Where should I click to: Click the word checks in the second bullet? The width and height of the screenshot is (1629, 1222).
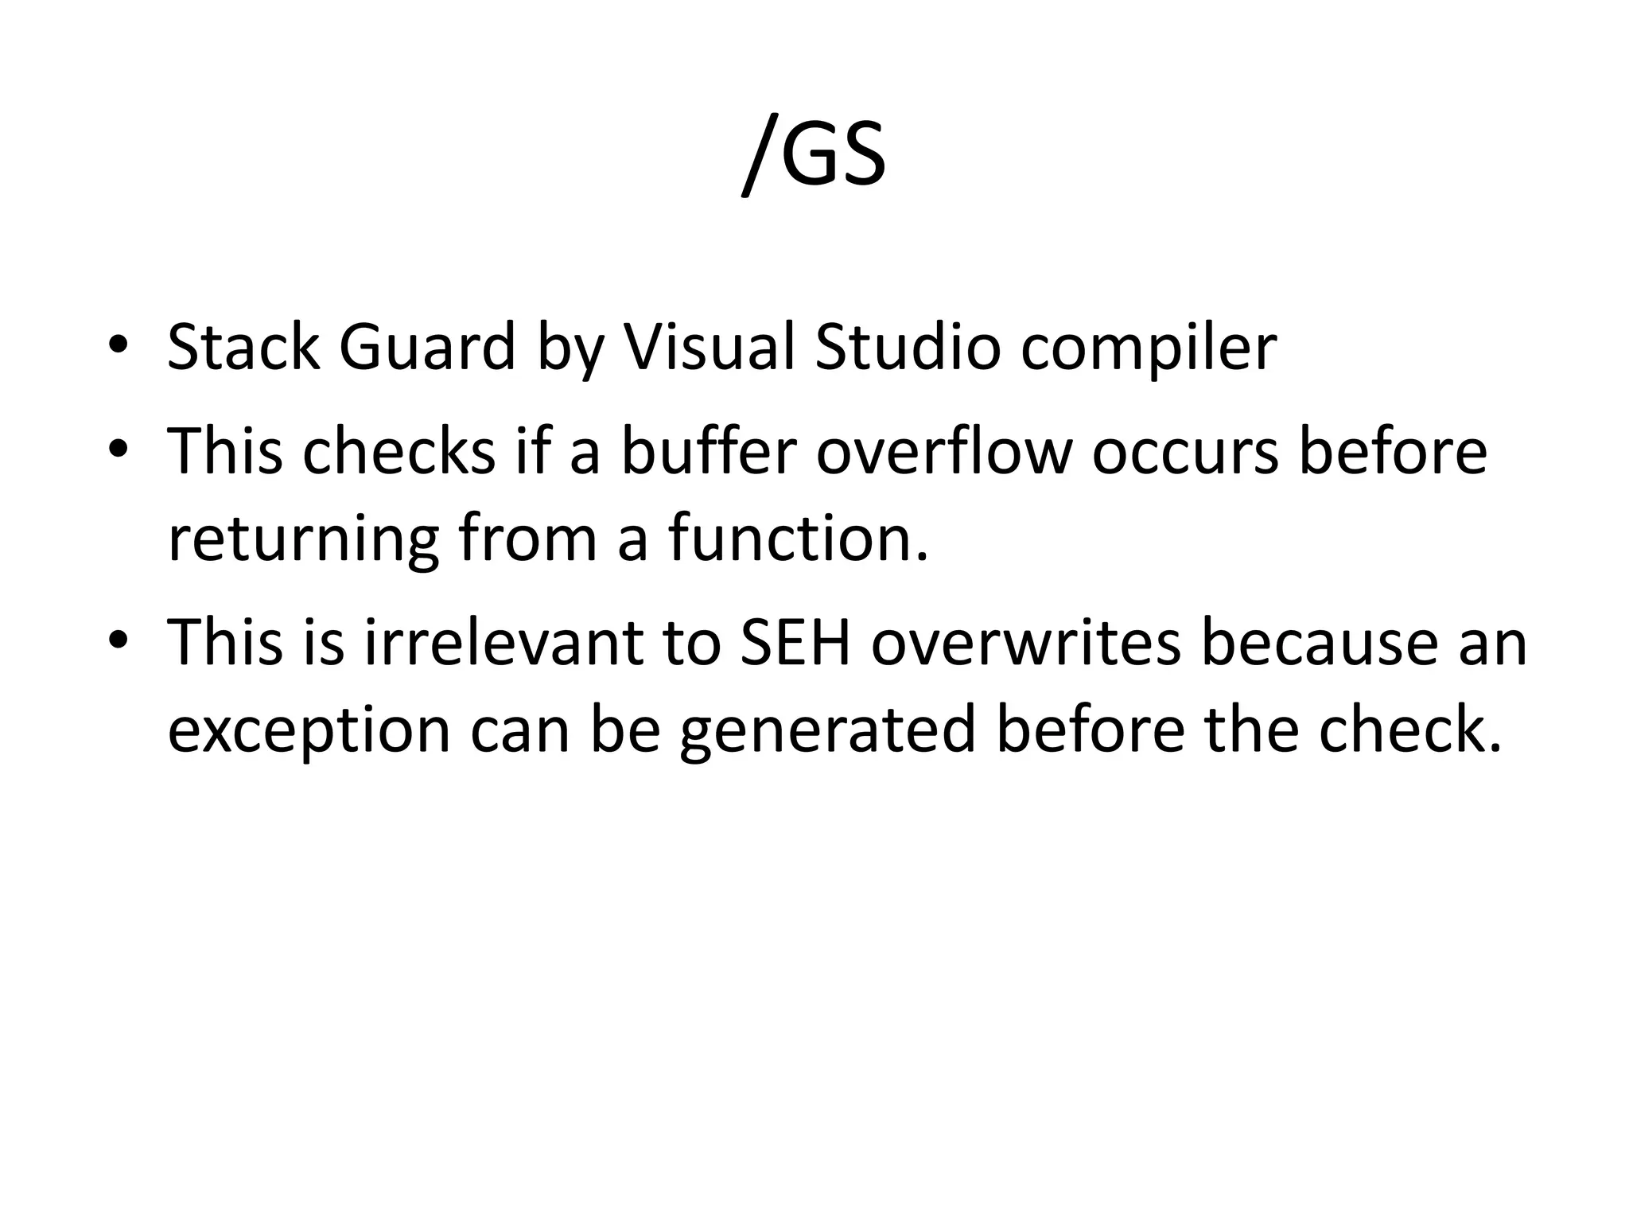(x=399, y=451)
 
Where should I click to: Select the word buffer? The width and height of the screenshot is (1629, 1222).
(x=708, y=451)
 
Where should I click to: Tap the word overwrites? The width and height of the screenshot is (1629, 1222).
(x=1026, y=642)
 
